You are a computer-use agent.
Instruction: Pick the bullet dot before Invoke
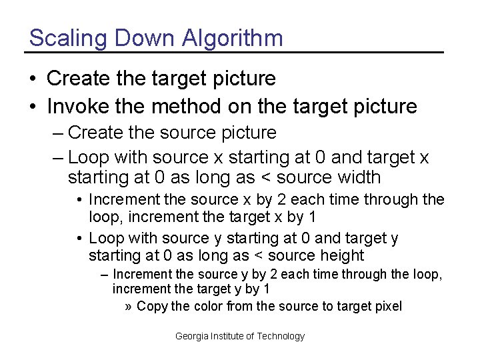pyautogui.click(x=33, y=107)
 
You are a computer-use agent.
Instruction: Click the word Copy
pyautogui.click(x=152, y=306)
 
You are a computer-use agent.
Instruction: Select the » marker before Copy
pyautogui.click(x=129, y=307)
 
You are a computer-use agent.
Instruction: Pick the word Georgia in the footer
pyautogui.click(x=191, y=336)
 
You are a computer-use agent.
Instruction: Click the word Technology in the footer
pyautogui.click(x=281, y=336)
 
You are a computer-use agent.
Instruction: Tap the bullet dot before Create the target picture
pyautogui.click(x=33, y=79)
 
